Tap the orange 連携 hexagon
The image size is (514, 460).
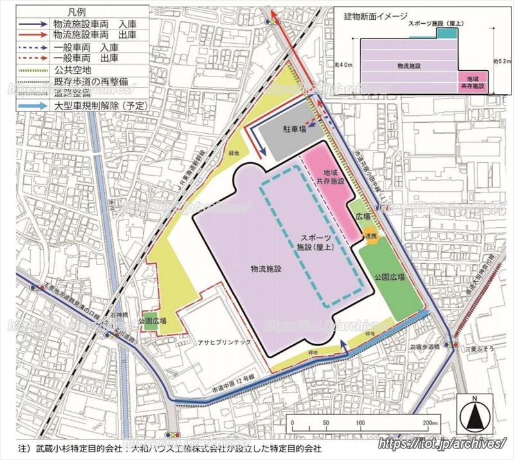tap(369, 237)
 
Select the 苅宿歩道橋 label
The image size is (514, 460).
tap(424, 346)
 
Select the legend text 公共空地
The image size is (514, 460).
tap(73, 68)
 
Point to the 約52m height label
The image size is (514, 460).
tap(501, 62)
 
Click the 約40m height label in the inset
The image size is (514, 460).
tap(343, 65)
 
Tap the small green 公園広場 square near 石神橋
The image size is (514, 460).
tap(150, 326)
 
